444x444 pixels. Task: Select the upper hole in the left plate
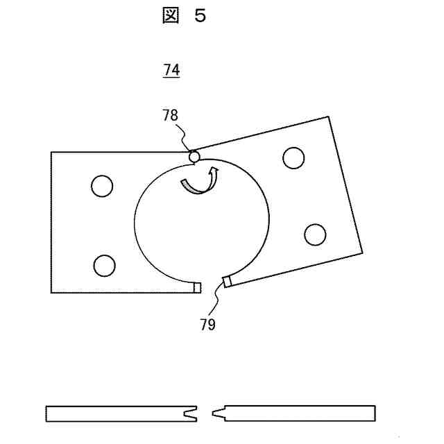(x=102, y=186)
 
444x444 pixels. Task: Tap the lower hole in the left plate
(x=104, y=265)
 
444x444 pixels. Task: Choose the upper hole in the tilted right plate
(x=293, y=157)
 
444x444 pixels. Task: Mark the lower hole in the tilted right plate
(x=315, y=234)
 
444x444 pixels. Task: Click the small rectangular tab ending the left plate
(x=197, y=287)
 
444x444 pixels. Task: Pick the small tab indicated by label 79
(x=225, y=281)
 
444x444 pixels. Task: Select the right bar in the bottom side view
(x=298, y=413)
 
